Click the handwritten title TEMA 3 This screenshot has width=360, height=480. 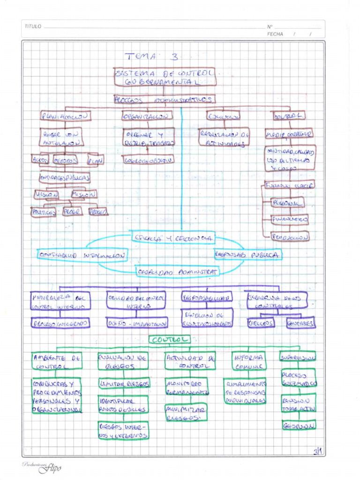click(151, 57)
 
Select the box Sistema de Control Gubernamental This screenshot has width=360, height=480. click(165, 77)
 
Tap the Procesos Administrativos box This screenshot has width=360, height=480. click(164, 100)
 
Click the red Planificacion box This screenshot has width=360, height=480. click(66, 116)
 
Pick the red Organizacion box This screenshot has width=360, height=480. click(147, 115)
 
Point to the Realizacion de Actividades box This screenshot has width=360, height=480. click(224, 137)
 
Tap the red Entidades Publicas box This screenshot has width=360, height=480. click(65, 178)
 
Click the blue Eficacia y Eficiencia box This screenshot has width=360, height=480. click(173, 238)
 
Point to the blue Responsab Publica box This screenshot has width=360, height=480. click(248, 255)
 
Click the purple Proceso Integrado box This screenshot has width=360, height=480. click(60, 323)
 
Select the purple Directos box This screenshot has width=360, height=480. click(261, 323)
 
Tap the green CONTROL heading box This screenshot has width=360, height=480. click(170, 339)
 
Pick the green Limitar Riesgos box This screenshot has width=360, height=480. click(124, 383)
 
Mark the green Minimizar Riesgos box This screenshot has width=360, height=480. click(186, 413)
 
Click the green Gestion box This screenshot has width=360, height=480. click(299, 425)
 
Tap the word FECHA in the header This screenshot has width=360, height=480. click(275, 34)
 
